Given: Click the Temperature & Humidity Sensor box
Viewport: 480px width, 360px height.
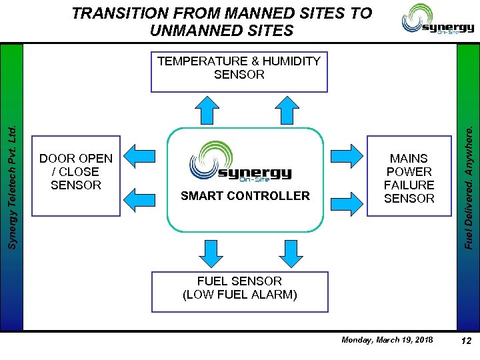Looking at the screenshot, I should pyautogui.click(x=239, y=71).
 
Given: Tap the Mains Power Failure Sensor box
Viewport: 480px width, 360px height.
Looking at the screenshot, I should pyautogui.click(x=409, y=177).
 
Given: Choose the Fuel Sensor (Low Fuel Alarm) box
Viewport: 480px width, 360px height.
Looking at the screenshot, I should pyautogui.click(x=240, y=292).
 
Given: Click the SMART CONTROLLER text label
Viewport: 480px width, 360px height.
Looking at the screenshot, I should pyautogui.click(x=245, y=196).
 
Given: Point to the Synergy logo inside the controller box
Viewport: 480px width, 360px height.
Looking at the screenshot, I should pyautogui.click(x=245, y=162).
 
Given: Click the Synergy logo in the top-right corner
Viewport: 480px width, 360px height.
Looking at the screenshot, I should pyautogui.click(x=437, y=20).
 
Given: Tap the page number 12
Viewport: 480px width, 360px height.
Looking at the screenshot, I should pyautogui.click(x=466, y=341).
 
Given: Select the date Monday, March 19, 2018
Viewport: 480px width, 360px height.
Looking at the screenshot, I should pyautogui.click(x=387, y=340).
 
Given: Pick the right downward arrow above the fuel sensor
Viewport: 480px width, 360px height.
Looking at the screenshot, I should pyautogui.click(x=291, y=252).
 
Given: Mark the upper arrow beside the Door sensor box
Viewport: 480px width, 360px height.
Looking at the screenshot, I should pyautogui.click(x=141, y=153).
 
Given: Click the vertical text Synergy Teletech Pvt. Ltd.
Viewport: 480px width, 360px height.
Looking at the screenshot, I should pyautogui.click(x=11, y=180).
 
